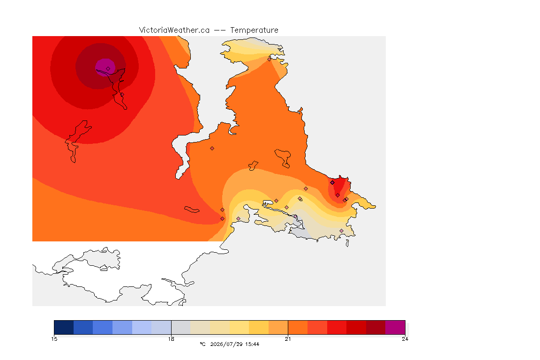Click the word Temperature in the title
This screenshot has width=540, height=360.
(254, 30)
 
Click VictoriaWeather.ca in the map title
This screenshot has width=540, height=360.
(174, 30)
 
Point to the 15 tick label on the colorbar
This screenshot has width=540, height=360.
(54, 339)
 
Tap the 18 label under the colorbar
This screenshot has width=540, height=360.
(171, 339)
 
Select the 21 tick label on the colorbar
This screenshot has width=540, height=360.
(288, 339)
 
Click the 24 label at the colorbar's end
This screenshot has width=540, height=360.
(405, 339)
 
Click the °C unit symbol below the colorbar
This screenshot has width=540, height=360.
(203, 344)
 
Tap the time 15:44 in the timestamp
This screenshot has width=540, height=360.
(252, 344)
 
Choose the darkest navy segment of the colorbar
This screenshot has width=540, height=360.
(64, 327)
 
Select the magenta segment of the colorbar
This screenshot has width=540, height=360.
(395, 327)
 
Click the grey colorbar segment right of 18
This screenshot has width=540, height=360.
(181, 327)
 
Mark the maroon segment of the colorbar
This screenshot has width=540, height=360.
(376, 327)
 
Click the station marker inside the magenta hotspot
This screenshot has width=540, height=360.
(108, 69)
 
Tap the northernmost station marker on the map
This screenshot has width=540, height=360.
(270, 59)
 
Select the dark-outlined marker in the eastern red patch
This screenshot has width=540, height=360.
(332, 183)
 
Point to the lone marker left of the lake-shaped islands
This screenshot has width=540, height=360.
(212, 149)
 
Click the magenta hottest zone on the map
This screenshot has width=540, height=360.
(105, 67)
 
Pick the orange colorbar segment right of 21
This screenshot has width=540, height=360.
(298, 327)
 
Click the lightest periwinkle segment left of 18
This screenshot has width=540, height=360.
(161, 327)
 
